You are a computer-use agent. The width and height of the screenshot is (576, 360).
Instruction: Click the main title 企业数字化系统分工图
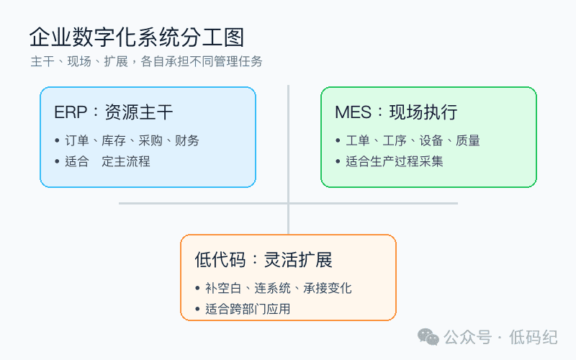137,37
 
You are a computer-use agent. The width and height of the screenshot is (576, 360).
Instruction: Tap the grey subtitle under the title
146,61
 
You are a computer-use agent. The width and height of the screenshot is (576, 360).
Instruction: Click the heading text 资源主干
139,112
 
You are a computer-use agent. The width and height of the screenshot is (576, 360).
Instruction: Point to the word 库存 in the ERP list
114,140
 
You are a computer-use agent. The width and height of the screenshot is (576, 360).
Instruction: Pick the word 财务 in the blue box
187,140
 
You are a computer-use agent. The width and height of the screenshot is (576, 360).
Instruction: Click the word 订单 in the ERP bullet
77,140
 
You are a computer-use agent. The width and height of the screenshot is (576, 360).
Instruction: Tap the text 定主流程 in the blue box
125,161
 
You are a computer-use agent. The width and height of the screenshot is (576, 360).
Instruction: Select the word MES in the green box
353,112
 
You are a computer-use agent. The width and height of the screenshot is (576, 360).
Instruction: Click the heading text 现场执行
423,112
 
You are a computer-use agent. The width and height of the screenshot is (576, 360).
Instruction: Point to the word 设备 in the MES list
431,140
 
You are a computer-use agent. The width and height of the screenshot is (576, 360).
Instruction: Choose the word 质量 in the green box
468,140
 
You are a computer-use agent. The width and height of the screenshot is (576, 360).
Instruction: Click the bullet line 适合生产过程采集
394,161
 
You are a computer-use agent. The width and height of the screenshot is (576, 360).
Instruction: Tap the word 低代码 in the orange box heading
220,260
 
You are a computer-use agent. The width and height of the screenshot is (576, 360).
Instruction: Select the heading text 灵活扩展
298,260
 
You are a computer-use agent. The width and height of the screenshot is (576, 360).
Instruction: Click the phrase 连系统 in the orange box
272,288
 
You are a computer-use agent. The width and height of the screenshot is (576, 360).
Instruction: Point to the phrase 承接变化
328,288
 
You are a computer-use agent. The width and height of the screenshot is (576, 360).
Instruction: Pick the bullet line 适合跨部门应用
248,309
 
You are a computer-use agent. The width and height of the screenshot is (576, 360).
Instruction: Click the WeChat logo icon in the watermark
428,337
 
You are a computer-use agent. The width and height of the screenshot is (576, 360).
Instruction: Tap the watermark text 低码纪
533,337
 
